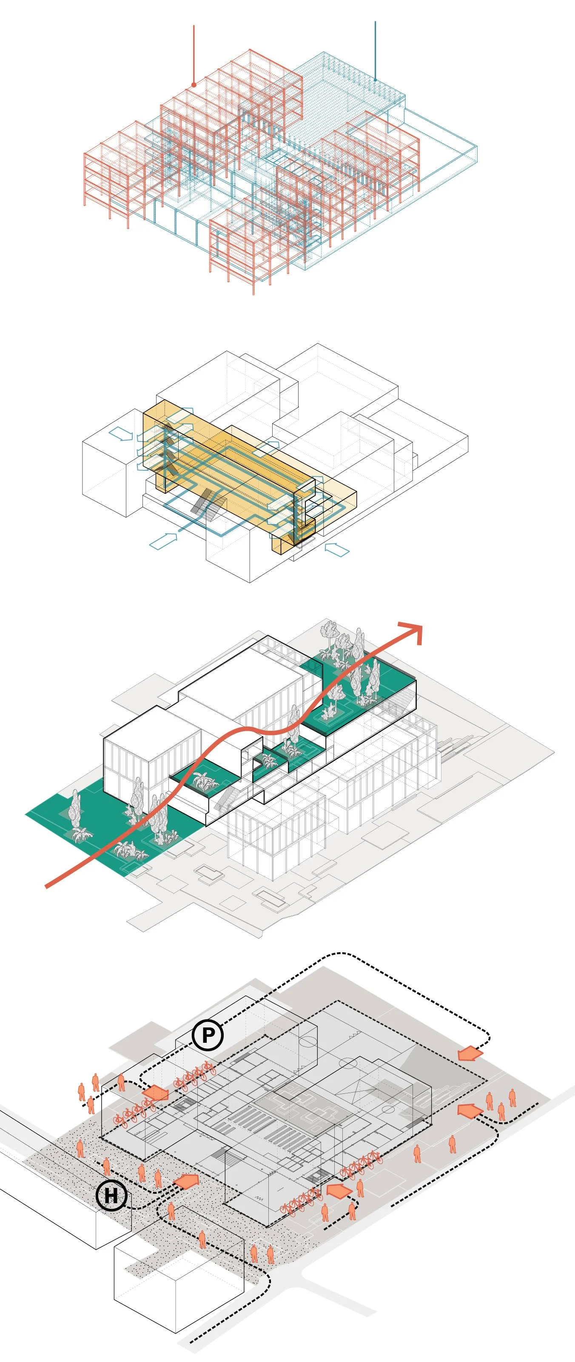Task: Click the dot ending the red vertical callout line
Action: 194,85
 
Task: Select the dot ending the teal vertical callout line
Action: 375,80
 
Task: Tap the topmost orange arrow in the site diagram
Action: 470,1054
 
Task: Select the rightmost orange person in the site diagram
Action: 512,1098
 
